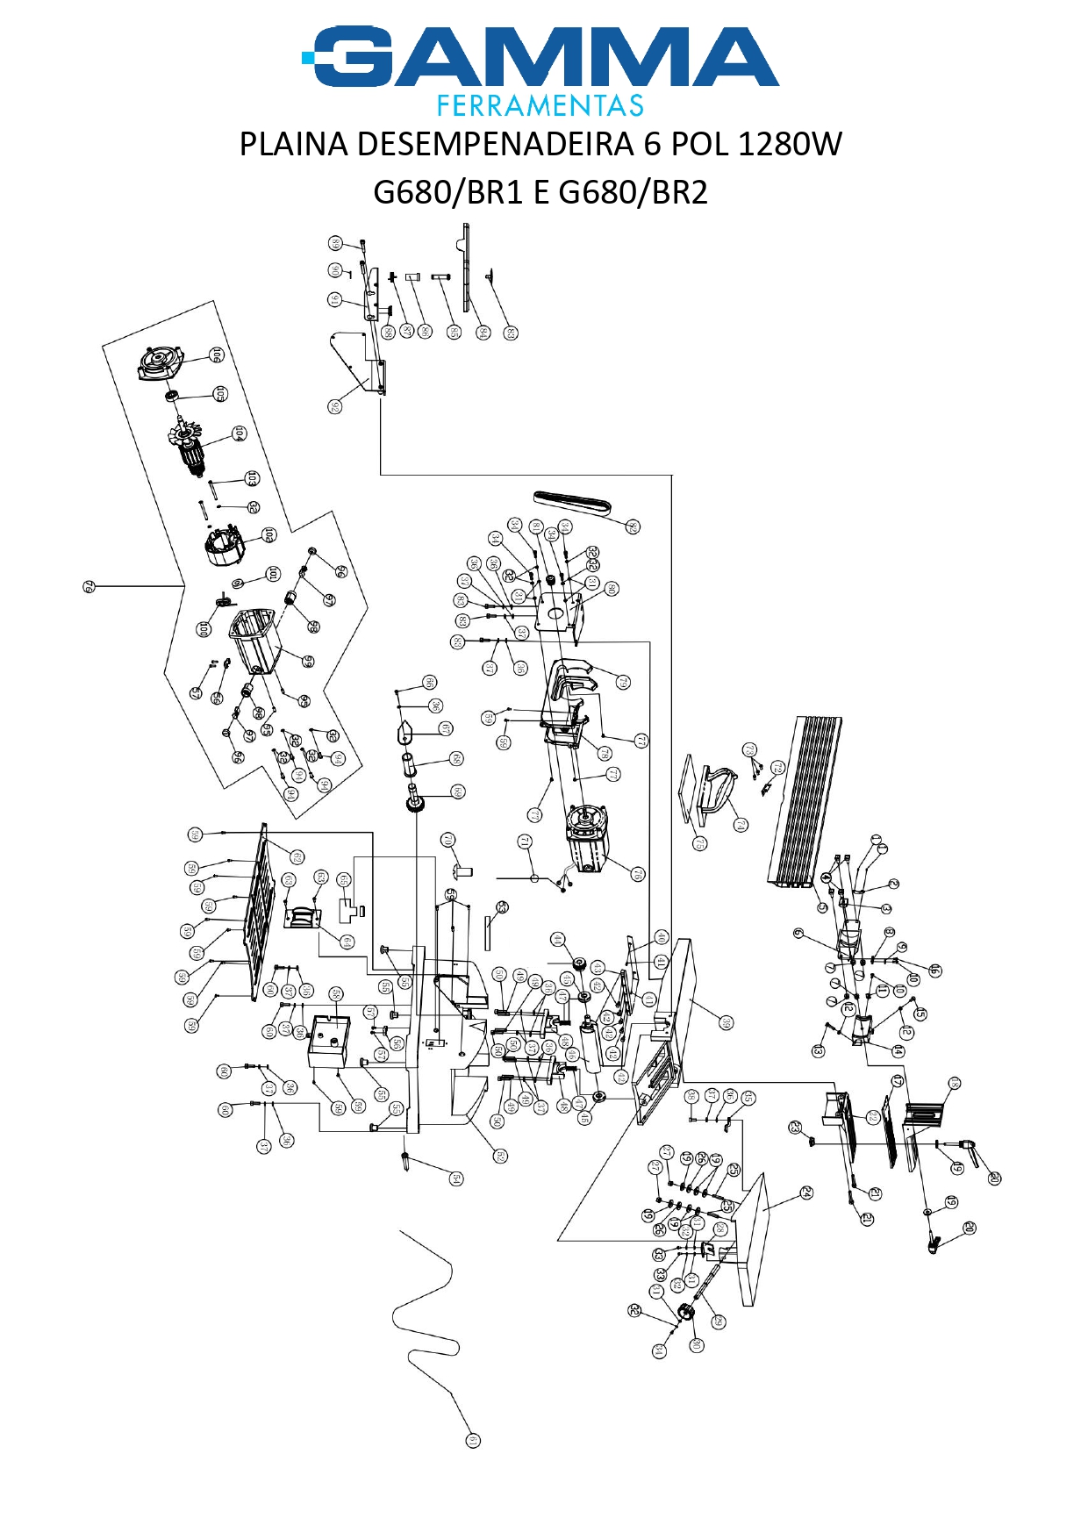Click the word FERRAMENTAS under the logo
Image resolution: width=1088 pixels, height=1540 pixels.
pyautogui.click(x=540, y=106)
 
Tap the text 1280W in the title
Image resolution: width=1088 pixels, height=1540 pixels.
pyautogui.click(x=790, y=144)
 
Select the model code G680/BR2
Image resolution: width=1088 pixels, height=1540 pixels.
pyautogui.click(x=633, y=192)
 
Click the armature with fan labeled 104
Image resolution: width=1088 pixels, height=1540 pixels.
pyautogui.click(x=188, y=447)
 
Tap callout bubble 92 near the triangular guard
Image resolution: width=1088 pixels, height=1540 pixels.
pyautogui.click(x=334, y=406)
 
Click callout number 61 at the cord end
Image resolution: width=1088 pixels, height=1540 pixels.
pyautogui.click(x=472, y=1440)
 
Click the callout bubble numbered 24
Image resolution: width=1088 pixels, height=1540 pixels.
pyautogui.click(x=805, y=1193)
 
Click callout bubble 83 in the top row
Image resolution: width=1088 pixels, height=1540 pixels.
pyautogui.click(x=511, y=333)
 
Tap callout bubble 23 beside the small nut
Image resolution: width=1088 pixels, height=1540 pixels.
pyautogui.click(x=795, y=1127)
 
